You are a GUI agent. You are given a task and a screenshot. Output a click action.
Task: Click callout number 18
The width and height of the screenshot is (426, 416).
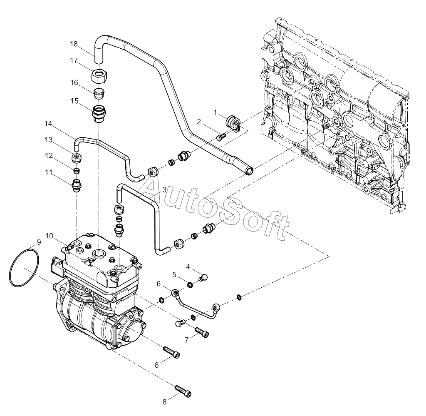pyautogui.click(x=74, y=44)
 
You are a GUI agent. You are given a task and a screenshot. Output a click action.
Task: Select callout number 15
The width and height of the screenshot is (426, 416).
pyautogui.click(x=74, y=101)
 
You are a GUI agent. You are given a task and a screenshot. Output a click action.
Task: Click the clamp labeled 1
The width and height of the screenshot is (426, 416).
pyautogui.click(x=234, y=123)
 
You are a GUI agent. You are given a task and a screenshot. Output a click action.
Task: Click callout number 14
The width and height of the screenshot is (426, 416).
pyautogui.click(x=48, y=124)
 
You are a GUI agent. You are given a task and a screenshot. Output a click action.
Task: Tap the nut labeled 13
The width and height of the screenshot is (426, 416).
pyautogui.click(x=77, y=157)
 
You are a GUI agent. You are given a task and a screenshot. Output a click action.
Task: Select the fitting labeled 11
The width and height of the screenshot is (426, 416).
pyautogui.click(x=77, y=184)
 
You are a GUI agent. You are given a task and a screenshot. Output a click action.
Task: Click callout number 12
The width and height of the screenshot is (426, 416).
pyautogui.click(x=49, y=156)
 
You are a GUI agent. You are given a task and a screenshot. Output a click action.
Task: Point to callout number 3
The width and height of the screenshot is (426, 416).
pyautogui.click(x=164, y=190)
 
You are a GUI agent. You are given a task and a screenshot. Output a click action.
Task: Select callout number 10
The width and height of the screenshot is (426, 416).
pyautogui.click(x=49, y=236)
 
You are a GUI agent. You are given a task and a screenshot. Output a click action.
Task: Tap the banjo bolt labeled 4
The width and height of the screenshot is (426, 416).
pyautogui.click(x=204, y=277)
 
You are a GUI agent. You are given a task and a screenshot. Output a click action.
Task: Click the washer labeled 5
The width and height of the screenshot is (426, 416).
pyautogui.click(x=191, y=285)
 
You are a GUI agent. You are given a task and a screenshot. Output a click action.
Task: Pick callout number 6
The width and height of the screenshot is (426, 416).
pyautogui.click(x=159, y=284)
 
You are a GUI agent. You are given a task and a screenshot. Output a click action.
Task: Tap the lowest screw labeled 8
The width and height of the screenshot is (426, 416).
pyautogui.click(x=183, y=391)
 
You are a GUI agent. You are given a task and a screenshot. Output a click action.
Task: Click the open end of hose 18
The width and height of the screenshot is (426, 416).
pyautogui.click(x=250, y=171)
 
